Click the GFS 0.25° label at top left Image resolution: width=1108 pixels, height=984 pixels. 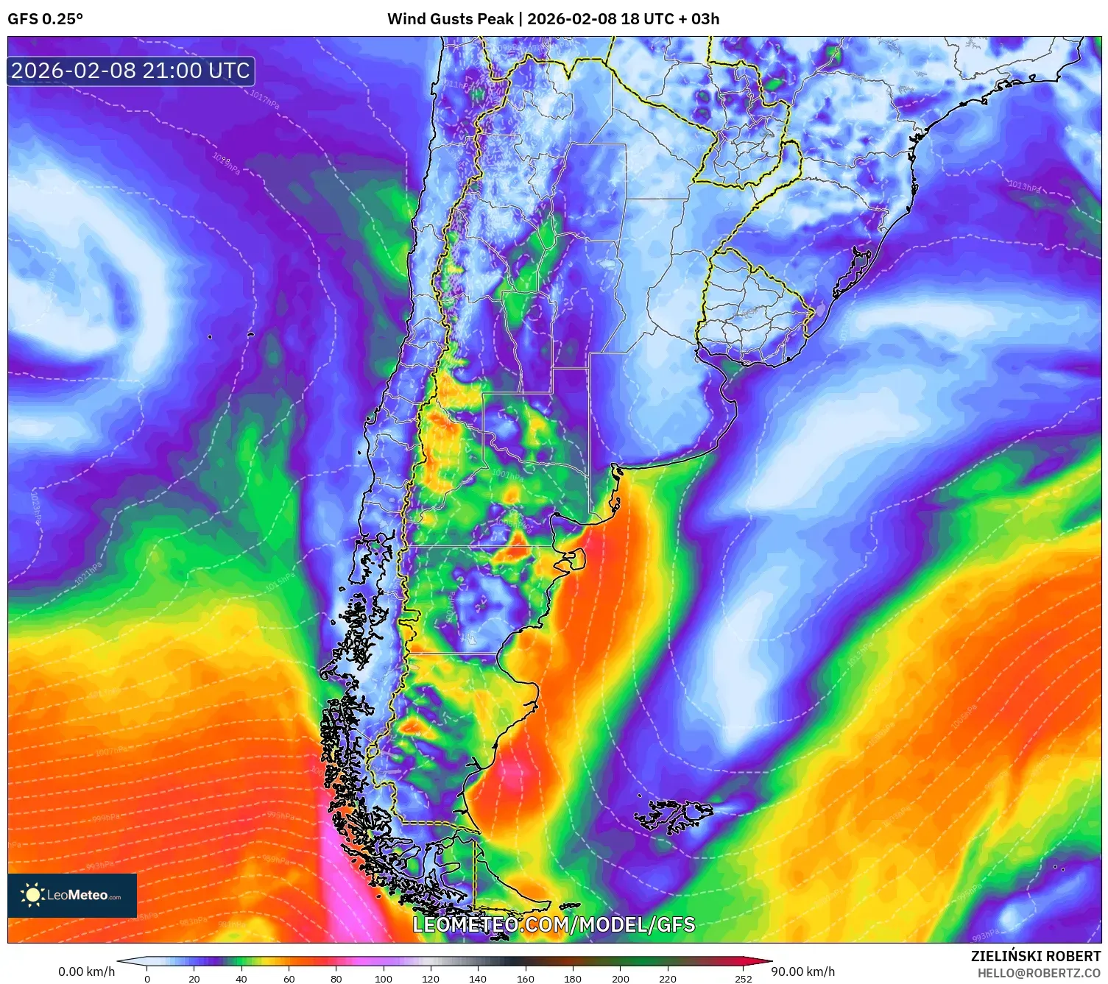(45, 19)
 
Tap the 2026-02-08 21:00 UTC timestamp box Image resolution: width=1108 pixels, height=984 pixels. (131, 71)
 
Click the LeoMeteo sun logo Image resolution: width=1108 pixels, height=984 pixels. (32, 895)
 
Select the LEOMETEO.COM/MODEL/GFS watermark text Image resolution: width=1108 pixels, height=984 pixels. (554, 924)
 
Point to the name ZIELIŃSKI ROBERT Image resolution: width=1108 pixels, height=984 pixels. (1035, 956)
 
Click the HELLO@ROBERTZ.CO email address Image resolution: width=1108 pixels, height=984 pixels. (1039, 973)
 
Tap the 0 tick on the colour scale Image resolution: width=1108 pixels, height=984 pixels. (147, 979)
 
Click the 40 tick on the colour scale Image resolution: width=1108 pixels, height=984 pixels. (241, 979)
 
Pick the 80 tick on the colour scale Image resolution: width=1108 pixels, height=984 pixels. (336, 979)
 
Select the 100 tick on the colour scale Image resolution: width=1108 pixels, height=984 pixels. (384, 979)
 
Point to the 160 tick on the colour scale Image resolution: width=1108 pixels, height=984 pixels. (526, 979)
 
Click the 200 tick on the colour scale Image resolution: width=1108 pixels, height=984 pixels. (621, 979)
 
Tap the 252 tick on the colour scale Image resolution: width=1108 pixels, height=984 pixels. (744, 979)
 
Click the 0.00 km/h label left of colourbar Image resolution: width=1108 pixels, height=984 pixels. (87, 971)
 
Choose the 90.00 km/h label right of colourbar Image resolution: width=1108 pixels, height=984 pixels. (803, 971)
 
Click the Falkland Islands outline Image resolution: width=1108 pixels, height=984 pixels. (674, 815)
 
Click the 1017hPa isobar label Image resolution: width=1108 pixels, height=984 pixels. (264, 99)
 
